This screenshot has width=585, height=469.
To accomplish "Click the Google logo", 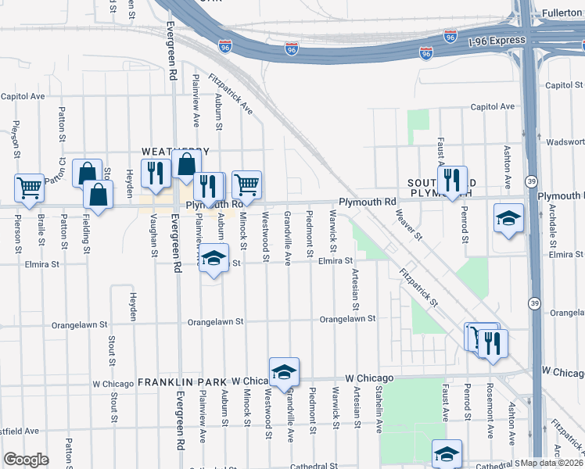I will click(x=26, y=460).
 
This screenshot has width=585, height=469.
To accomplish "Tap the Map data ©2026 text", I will click(x=552, y=463).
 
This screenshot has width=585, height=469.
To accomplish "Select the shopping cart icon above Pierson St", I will click(x=29, y=188).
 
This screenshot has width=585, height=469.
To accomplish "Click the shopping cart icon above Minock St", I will click(x=246, y=184).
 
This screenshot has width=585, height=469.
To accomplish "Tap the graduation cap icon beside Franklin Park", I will click(x=284, y=371).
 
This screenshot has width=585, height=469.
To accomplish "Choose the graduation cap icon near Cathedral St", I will click(x=447, y=453).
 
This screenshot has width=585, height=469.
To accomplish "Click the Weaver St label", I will click(x=407, y=225).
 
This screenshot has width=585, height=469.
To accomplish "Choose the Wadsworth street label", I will click(x=565, y=142).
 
